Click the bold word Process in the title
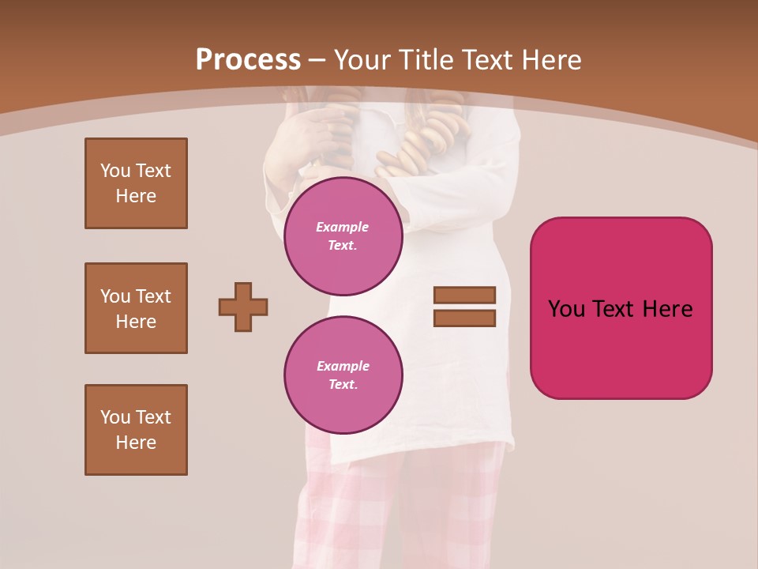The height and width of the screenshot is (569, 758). click(x=248, y=60)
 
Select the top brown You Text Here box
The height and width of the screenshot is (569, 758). click(x=136, y=183)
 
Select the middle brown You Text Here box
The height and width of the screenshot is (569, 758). click(x=136, y=308)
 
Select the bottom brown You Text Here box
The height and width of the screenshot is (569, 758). click(x=136, y=429)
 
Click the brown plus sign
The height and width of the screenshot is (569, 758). click(x=243, y=307)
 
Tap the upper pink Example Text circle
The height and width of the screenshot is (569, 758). click(x=343, y=236)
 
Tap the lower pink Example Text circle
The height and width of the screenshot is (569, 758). click(x=343, y=375)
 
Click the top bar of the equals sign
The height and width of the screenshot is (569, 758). click(x=464, y=295)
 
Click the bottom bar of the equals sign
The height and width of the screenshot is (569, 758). click(x=464, y=318)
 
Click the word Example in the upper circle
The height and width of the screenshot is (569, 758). click(x=343, y=227)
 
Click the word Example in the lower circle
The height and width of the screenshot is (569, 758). click(x=343, y=366)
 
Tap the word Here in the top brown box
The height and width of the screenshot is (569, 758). click(x=136, y=196)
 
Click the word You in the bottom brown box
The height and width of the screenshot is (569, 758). click(x=115, y=417)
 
